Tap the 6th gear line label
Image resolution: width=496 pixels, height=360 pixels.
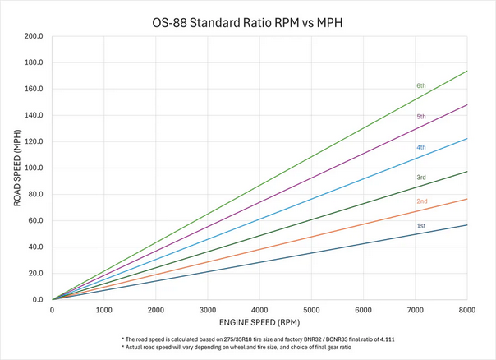[420, 85]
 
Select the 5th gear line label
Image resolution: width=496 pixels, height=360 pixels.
[420, 117]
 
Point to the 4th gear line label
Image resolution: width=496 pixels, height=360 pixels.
[420, 147]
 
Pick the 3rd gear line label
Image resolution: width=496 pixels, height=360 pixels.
[420, 177]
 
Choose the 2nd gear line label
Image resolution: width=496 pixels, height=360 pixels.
[420, 201]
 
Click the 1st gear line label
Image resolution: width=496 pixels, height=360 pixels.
[420, 225]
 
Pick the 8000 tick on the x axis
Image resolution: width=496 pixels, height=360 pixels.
[466, 310]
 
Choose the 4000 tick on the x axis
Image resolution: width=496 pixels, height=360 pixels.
[259, 310]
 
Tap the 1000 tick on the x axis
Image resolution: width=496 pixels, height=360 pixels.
[103, 310]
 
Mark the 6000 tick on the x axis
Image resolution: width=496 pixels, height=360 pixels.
[363, 310]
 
